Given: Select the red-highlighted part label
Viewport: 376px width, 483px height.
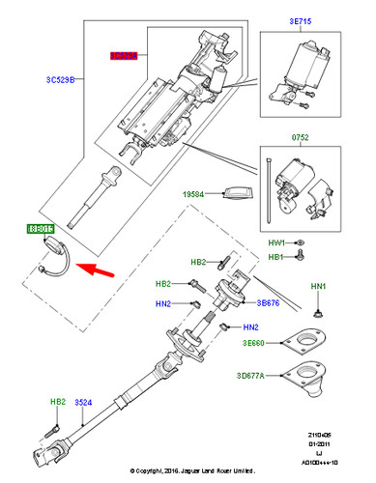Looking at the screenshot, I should tap(123, 58).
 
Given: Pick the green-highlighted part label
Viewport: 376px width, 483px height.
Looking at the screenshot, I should tap(42, 230).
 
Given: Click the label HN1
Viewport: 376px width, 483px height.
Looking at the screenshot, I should tap(318, 287).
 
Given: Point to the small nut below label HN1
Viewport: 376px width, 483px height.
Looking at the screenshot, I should tap(318, 313).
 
